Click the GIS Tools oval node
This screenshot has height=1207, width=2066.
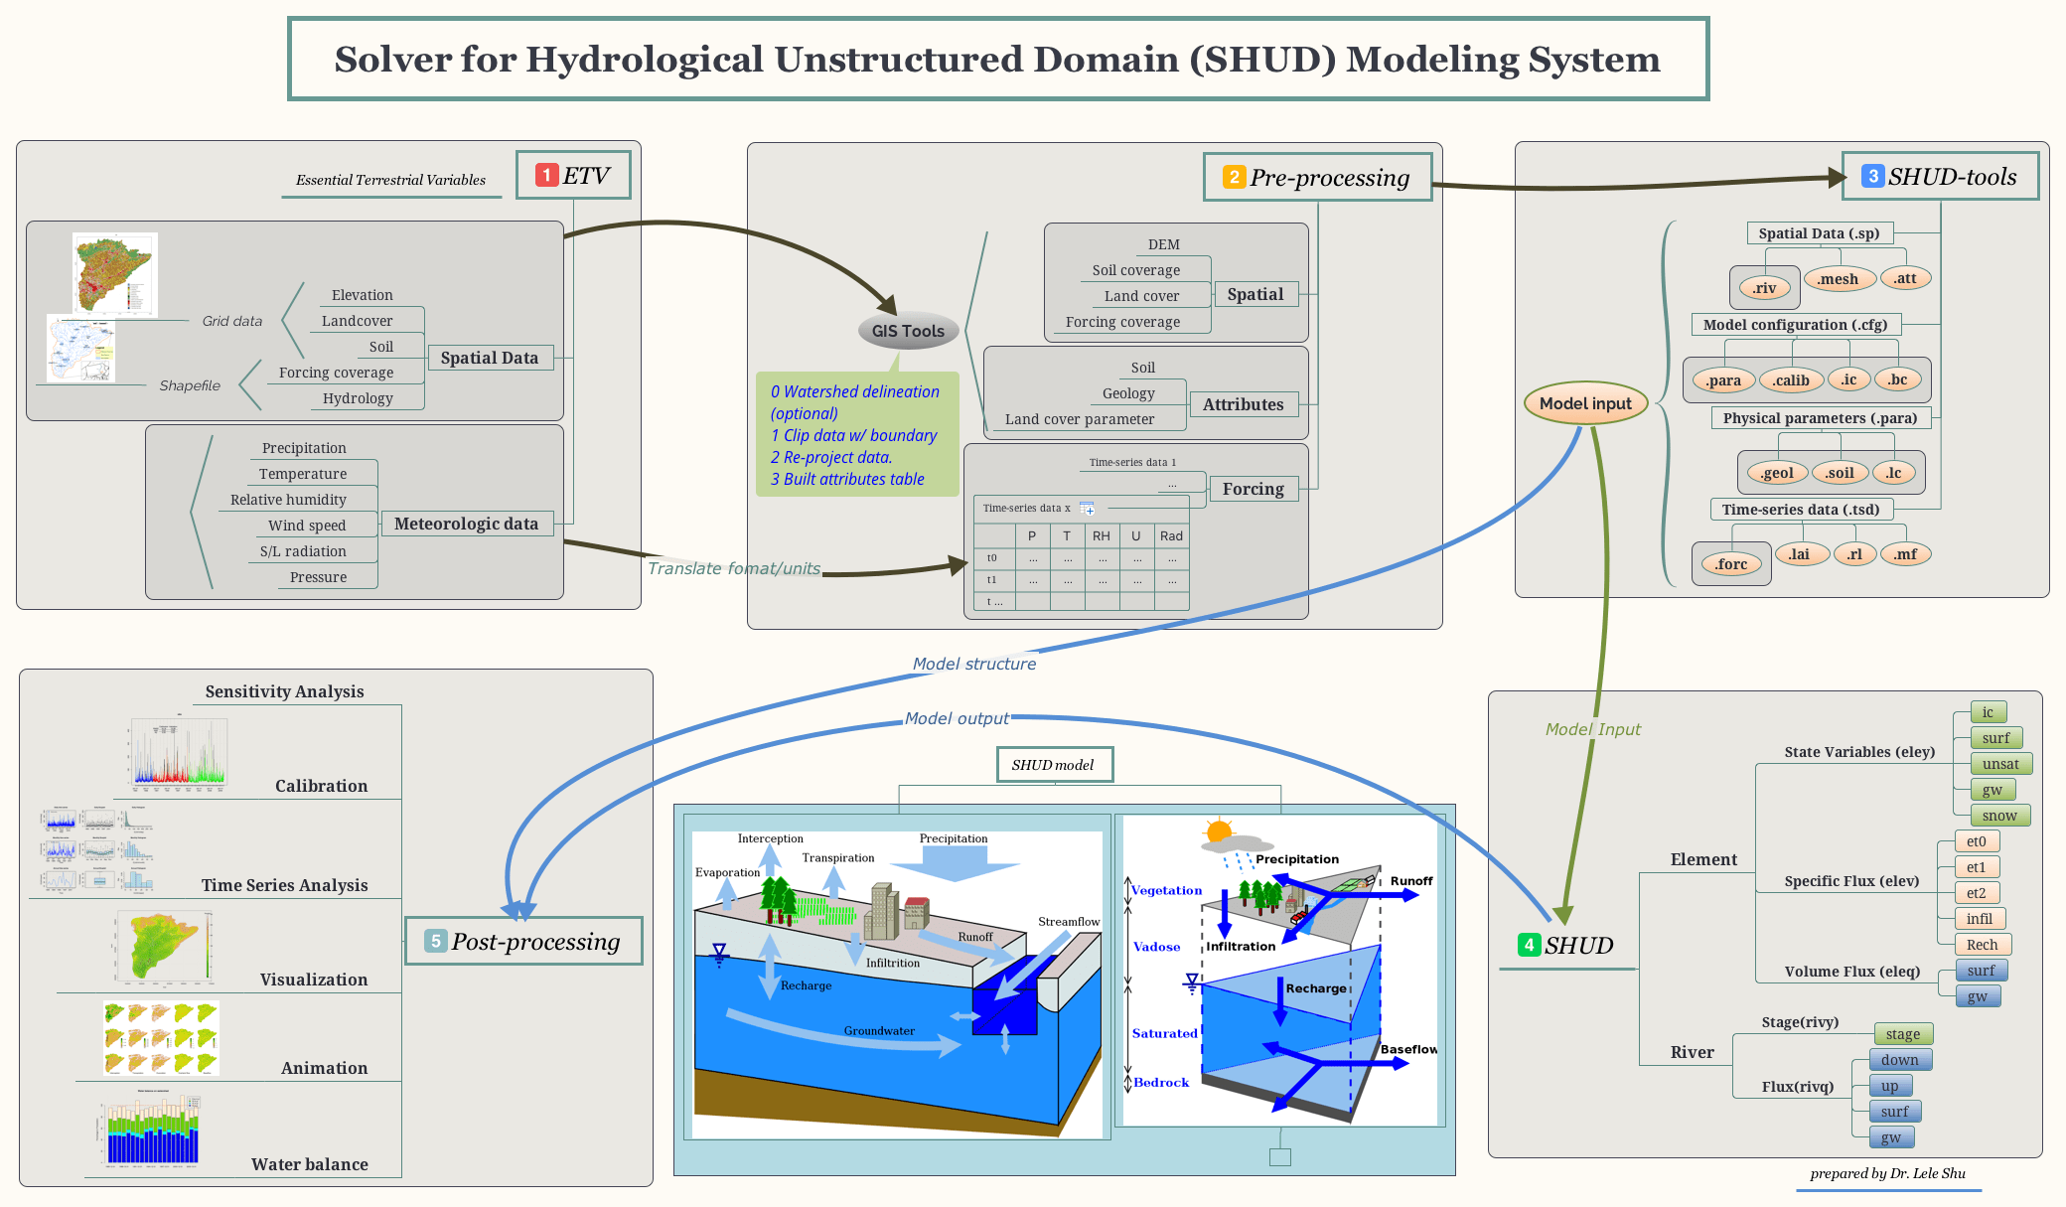tap(908, 331)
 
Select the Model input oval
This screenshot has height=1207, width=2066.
tap(1585, 403)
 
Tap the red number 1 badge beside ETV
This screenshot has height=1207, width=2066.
tap(546, 175)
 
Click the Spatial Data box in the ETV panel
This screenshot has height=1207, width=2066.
tap(490, 358)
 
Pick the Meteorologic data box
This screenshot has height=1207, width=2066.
tap(466, 524)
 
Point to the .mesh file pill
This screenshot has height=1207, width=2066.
tap(1838, 279)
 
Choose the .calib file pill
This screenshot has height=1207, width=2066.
tap(1791, 380)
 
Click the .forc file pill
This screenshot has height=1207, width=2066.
tap(1731, 564)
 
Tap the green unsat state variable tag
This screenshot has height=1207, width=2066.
tap(2000, 764)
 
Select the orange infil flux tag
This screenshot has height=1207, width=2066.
tap(1979, 919)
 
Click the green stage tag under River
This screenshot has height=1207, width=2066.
tap(1902, 1034)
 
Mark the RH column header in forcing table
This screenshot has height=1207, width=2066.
tap(1102, 535)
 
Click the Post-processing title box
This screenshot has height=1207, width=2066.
tap(524, 941)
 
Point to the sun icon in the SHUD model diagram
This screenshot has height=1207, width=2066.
tap(1220, 830)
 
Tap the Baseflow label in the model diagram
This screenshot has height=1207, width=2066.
tap(1408, 1049)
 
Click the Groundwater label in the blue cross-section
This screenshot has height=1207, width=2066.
tap(879, 1031)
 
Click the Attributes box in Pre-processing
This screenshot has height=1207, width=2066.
tap(1243, 404)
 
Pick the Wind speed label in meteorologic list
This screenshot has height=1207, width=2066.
tap(307, 526)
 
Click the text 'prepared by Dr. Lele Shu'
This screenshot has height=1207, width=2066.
tap(1887, 1173)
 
